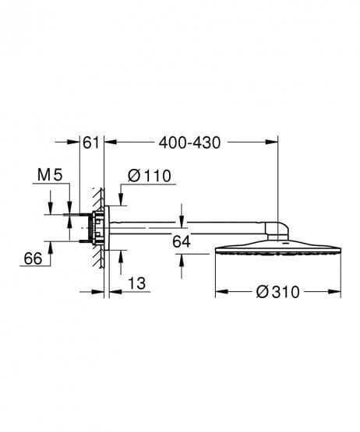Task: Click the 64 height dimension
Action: [x=182, y=242]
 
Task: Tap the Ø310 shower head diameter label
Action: [x=279, y=292]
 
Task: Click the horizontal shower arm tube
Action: [x=195, y=228]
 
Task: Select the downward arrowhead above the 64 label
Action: [x=182, y=220]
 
